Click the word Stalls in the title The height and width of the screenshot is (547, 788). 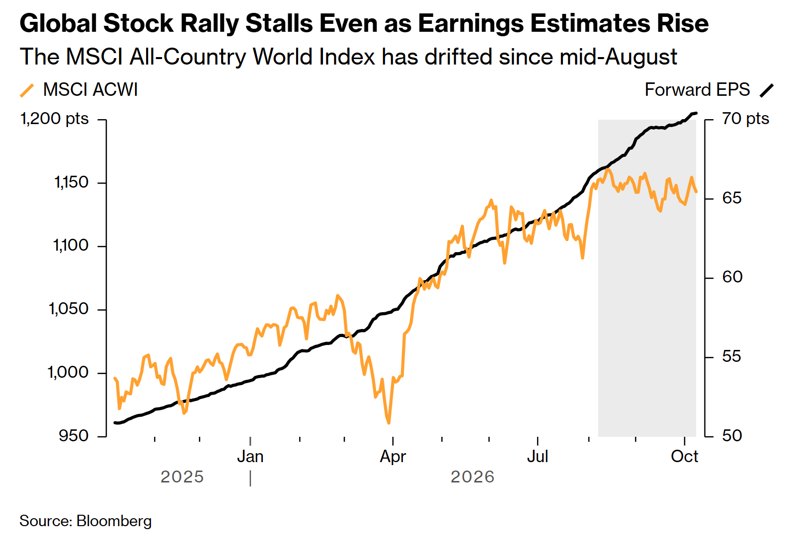tap(279, 23)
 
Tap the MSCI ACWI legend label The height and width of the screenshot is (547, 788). tap(90, 90)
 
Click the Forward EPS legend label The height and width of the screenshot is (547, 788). tap(697, 90)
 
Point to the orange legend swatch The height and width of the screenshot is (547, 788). tap(27, 90)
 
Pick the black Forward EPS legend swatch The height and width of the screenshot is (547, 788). tap(767, 90)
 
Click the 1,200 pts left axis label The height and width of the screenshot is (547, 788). tap(55, 119)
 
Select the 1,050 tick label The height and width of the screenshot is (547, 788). tap(69, 309)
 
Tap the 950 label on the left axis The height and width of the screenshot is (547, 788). tap(74, 436)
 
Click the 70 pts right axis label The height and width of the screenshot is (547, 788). tap(745, 119)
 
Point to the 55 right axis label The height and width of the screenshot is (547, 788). tap(732, 357)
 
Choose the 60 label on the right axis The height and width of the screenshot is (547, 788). tap(732, 277)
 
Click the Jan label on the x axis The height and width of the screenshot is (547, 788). tap(250, 457)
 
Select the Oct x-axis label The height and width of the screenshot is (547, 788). tap(684, 457)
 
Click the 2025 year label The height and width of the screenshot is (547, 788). tap(182, 477)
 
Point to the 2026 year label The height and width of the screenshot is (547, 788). tap(473, 477)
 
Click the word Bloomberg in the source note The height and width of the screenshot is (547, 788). tap(114, 521)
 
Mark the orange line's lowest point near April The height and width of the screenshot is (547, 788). tap(389, 423)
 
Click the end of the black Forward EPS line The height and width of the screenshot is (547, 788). tap(696, 113)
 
